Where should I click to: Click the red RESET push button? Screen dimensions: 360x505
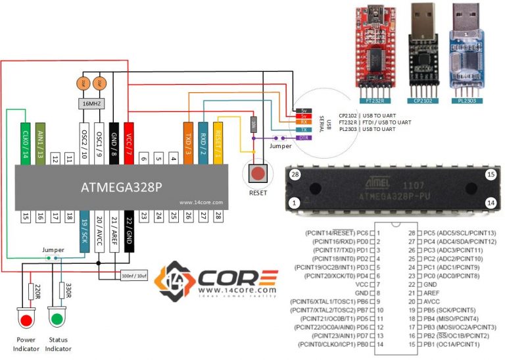[x=258, y=174]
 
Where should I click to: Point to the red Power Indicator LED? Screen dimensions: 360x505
[x=26, y=321]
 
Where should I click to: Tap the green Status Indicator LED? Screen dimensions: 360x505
[x=57, y=321]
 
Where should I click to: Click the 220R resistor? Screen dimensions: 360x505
[x=30, y=290]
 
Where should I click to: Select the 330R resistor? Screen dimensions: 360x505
[x=61, y=290]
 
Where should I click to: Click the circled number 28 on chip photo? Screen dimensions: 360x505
[x=295, y=174]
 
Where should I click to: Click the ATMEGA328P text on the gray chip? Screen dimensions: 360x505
[x=122, y=187]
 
